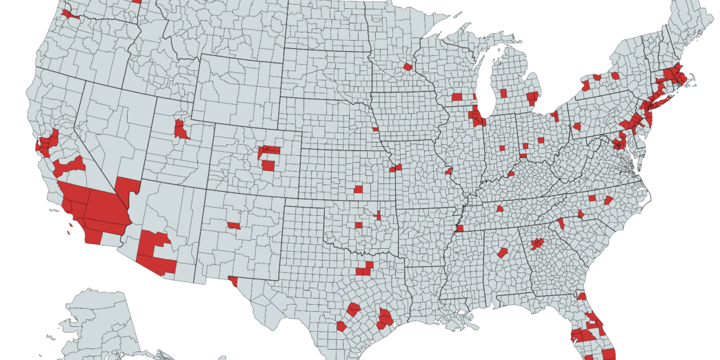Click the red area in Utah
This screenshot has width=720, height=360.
pos(181,130)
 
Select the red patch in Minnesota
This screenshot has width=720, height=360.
pos(408,67)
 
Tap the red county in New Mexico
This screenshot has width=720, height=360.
pos(234,226)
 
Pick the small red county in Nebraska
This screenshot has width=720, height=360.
pos(375,128)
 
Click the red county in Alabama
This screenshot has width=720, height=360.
pos(503,253)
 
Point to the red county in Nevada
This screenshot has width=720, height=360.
pos(127,186)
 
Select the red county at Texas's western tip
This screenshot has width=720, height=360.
pos(233,281)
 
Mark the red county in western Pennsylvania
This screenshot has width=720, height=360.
pos(577,127)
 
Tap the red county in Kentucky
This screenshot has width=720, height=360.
pos(512,174)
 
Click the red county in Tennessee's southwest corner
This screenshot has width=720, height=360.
pos(460,228)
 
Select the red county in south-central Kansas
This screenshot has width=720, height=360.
pos(359,189)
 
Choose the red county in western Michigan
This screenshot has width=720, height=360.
pos(503,93)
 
